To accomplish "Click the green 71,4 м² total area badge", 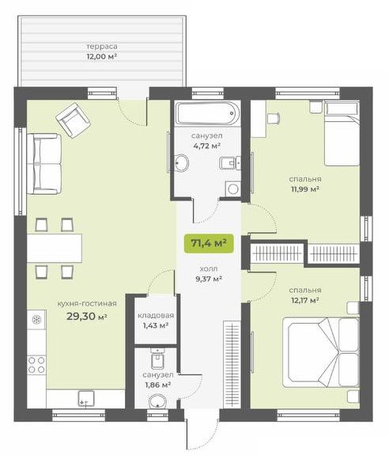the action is [209, 243].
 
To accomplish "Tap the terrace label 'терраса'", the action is [102, 46].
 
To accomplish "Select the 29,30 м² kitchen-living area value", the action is [87, 316].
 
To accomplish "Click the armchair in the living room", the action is [74, 120].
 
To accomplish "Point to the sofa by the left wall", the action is [44, 164].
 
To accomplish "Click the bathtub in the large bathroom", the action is [208, 113].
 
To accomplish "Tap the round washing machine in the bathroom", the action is [233, 188].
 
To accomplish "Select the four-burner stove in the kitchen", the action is [36, 365].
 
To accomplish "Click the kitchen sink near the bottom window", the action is [86, 398].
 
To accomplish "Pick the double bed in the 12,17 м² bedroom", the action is [321, 352].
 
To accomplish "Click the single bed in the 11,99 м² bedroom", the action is [342, 133].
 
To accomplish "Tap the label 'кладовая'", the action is [156, 316].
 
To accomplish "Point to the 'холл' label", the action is [209, 269].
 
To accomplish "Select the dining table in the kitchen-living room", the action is [55, 248].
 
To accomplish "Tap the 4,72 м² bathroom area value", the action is [207, 146].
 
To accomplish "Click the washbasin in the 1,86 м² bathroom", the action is [157, 402].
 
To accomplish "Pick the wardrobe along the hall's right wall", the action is [232, 364].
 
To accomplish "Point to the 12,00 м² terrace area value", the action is [102, 56].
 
